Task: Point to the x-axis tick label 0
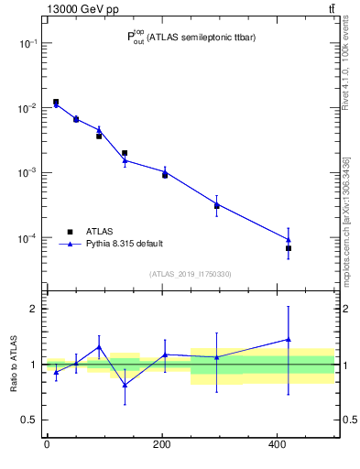(x=47, y=444)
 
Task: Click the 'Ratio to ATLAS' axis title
(x=14, y=364)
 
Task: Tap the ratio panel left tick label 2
(x=32, y=309)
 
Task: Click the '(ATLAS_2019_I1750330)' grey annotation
(x=190, y=274)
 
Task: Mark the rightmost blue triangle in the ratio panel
(x=289, y=340)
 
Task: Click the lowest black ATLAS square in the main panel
(x=289, y=248)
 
